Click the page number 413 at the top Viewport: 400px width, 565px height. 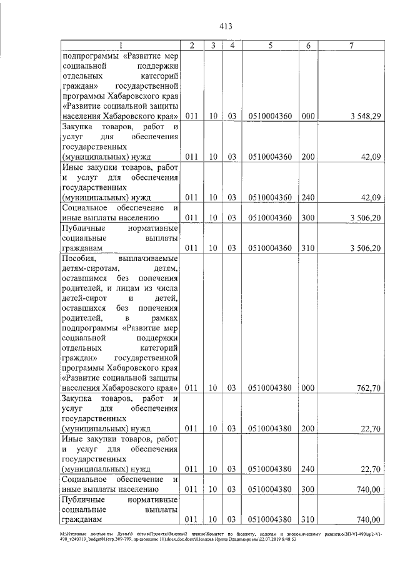click(226, 26)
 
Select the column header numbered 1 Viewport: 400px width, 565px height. click(121, 45)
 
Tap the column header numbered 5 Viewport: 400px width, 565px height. click(270, 45)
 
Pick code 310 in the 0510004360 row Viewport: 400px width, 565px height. click(308, 248)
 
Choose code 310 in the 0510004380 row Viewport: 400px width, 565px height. click(308, 519)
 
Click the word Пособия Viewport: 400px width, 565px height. click(78, 258)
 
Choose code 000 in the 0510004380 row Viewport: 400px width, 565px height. click(308, 388)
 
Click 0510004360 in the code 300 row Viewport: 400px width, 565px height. click(270, 218)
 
